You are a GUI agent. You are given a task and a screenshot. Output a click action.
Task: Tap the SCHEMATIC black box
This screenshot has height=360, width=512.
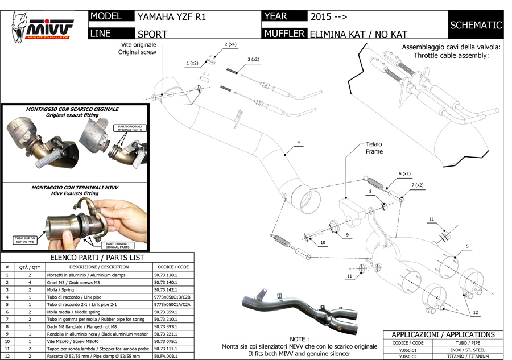pyautogui.click(x=476, y=25)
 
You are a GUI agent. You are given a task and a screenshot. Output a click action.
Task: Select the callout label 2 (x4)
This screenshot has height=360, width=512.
pyautogui.click(x=230, y=44)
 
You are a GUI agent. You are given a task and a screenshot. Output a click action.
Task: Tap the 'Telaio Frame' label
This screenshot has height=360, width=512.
pyautogui.click(x=374, y=148)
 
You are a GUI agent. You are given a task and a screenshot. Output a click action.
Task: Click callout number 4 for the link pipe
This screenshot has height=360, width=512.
pyautogui.click(x=298, y=142)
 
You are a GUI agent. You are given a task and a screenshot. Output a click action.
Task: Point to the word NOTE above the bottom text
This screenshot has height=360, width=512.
pyautogui.click(x=299, y=338)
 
